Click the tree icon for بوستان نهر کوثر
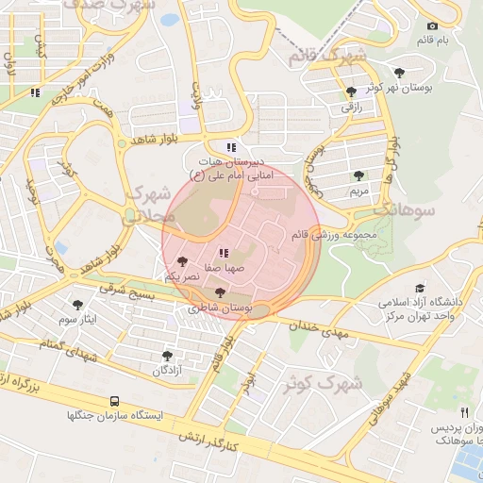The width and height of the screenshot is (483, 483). (x=400, y=72)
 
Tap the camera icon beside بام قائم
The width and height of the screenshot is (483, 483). (x=432, y=25)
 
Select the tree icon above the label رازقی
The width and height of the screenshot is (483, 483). (x=351, y=92)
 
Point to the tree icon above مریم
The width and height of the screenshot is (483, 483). (x=358, y=175)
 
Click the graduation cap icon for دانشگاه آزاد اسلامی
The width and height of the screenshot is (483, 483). (x=419, y=288)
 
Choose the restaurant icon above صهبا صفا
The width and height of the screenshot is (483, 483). (x=223, y=252)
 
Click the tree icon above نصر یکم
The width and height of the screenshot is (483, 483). (x=181, y=261)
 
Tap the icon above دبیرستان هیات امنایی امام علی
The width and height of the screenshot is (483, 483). (x=231, y=147)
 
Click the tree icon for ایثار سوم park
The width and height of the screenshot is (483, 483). (x=77, y=305)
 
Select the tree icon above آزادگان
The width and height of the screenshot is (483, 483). (x=167, y=356)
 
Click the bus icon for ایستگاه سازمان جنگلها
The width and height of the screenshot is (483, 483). (x=113, y=400)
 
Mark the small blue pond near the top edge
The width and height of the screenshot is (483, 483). (x=170, y=19)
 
